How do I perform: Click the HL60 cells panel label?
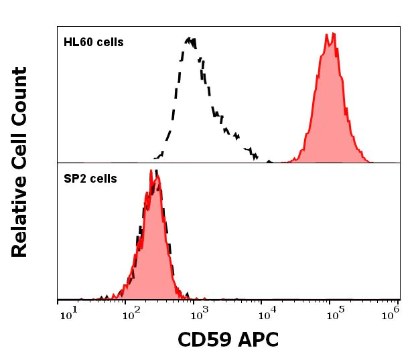click(x=94, y=42)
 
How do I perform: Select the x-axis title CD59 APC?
click(x=228, y=340)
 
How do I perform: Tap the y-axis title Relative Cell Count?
click(x=19, y=162)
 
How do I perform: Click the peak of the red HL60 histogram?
click(x=330, y=34)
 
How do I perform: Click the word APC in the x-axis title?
click(x=256, y=340)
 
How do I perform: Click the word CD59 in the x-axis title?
click(x=202, y=340)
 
